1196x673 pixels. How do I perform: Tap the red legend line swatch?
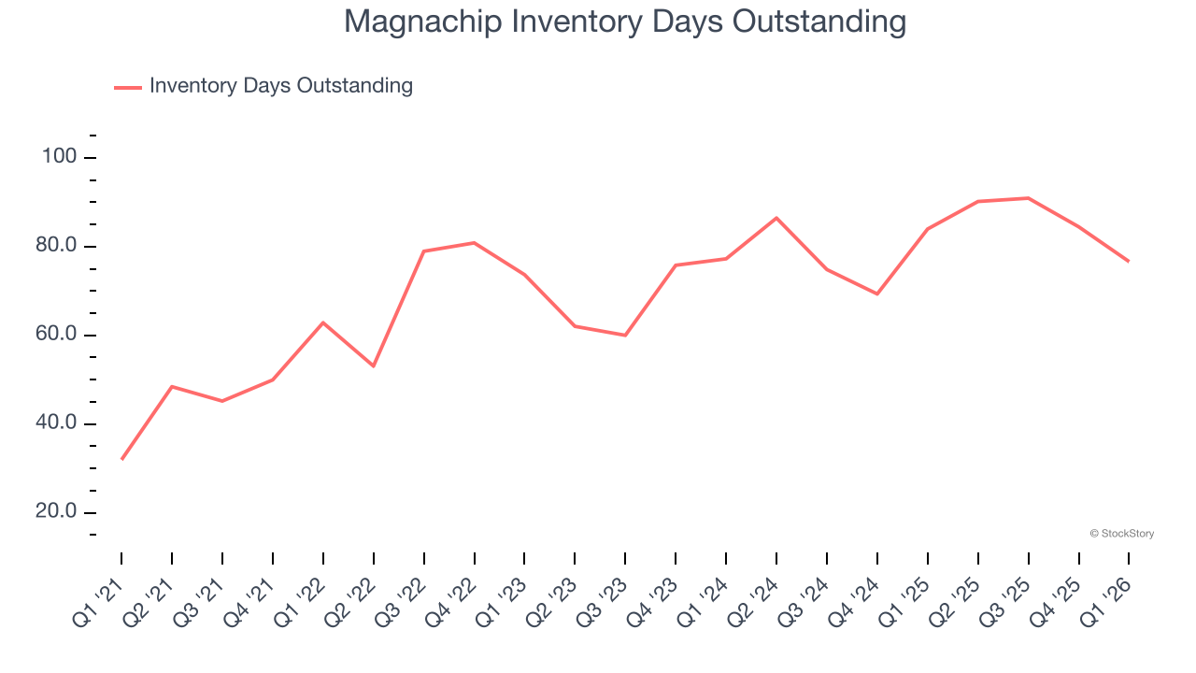pyautogui.click(x=128, y=87)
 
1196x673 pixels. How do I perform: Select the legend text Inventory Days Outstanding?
pyautogui.click(x=280, y=86)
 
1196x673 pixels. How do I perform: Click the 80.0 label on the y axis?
pyautogui.click(x=57, y=247)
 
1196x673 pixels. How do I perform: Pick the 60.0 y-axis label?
pyautogui.click(x=57, y=336)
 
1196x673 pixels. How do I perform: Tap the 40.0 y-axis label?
pyautogui.click(x=57, y=423)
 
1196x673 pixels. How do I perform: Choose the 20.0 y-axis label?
pyautogui.click(x=57, y=512)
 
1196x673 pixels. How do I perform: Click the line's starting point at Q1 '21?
pyautogui.click(x=121, y=459)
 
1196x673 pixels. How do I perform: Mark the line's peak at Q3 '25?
pyautogui.click(x=1028, y=198)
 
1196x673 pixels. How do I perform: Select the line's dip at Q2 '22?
pyautogui.click(x=374, y=365)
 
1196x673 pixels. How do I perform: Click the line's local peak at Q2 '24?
pyautogui.click(x=776, y=218)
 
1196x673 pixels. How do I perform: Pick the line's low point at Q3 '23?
pyautogui.click(x=625, y=335)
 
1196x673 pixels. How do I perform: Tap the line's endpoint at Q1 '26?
pyautogui.click(x=1129, y=261)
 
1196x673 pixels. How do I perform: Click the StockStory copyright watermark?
pyautogui.click(x=1122, y=534)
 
